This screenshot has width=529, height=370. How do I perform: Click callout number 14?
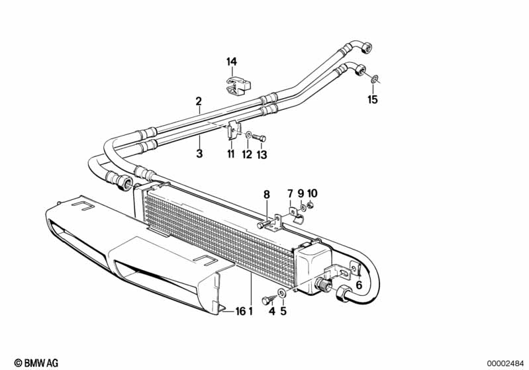coord(232,62)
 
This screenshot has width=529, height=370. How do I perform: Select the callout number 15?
coord(373,100)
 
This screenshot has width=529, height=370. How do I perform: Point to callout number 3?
coord(199,154)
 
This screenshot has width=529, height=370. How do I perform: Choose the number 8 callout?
coord(267,195)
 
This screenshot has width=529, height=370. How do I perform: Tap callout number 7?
coord(289,193)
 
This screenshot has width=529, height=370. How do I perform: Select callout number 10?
coord(313,193)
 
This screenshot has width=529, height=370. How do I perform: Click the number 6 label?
coord(359,285)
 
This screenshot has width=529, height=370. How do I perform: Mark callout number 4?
coord(271,312)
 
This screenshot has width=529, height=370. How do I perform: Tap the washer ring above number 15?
coord(374,80)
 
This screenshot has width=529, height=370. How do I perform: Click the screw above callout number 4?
coord(267,299)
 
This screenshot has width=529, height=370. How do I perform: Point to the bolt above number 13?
coord(260,138)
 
